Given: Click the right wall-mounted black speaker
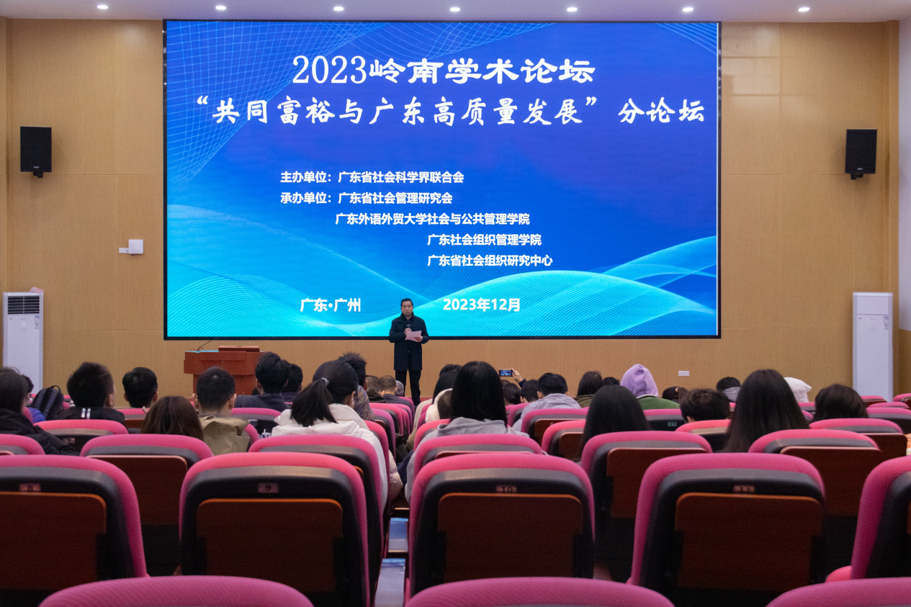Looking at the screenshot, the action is (x=861, y=152).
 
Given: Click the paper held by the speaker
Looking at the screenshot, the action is (x=413, y=336).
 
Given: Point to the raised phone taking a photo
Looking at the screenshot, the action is (x=506, y=372).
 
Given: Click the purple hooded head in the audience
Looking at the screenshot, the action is (x=639, y=381).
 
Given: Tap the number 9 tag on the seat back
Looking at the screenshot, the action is (x=267, y=487).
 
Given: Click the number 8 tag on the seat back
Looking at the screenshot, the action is (x=30, y=487).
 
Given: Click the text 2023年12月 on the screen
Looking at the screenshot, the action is (x=482, y=305).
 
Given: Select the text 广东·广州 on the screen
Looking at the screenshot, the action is (x=331, y=305).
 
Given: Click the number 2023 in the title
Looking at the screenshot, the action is (x=329, y=71).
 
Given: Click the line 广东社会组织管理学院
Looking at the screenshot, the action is (x=484, y=240).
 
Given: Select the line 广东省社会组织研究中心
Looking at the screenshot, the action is (x=490, y=261).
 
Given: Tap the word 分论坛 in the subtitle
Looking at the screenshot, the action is (x=661, y=111).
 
